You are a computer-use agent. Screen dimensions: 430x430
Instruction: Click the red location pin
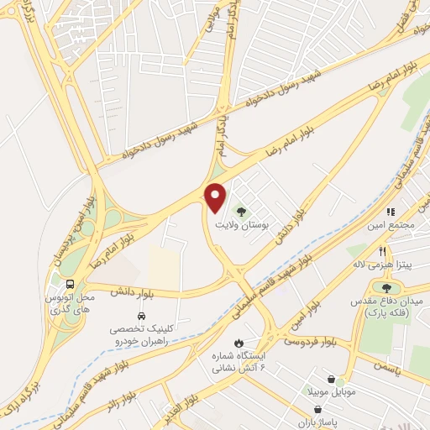tap(216, 196)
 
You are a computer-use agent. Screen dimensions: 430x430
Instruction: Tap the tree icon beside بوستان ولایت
tap(242, 212)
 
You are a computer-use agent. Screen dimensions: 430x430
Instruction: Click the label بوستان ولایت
tap(239, 226)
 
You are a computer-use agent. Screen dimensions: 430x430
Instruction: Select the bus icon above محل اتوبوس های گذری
tap(70, 284)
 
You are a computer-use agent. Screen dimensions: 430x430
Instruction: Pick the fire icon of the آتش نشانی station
tap(239, 343)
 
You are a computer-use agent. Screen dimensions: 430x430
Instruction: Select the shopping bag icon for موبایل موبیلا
tap(333, 379)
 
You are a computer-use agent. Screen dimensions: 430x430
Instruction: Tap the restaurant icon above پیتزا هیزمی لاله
tap(382, 251)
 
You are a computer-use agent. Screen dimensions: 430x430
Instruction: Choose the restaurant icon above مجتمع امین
tap(390, 212)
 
